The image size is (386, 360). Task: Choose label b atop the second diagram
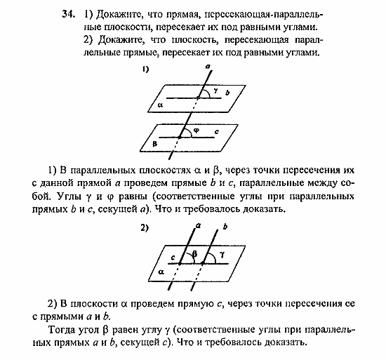tap(225, 227)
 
